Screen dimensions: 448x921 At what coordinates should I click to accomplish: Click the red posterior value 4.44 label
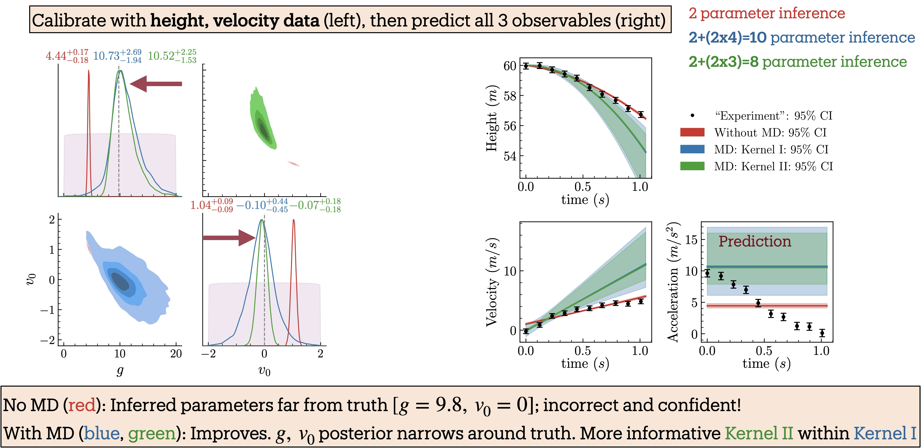click(x=67, y=56)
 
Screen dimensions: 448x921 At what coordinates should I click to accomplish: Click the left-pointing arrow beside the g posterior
click(x=156, y=84)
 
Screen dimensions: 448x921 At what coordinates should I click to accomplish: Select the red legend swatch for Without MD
click(x=692, y=132)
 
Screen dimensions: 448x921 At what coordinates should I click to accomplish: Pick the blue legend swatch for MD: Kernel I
click(x=692, y=149)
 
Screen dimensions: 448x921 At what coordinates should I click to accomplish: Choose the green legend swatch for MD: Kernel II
click(x=692, y=166)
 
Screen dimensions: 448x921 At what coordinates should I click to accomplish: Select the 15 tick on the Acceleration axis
click(x=691, y=240)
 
